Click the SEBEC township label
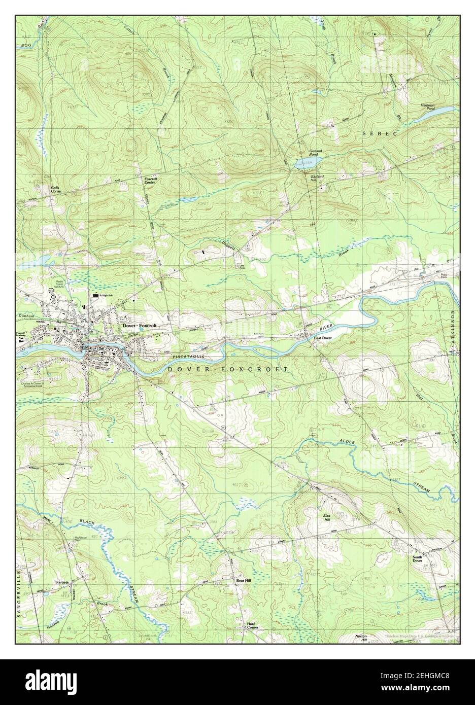click(x=378, y=132)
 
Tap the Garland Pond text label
click(x=316, y=153)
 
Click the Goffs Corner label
click(x=56, y=190)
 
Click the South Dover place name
click(x=417, y=558)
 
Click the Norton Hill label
click(x=360, y=638)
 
